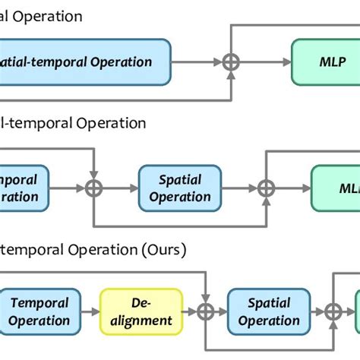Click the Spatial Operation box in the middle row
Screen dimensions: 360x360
point(180,188)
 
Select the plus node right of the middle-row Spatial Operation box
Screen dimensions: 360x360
point(267,188)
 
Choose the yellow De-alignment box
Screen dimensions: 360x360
point(141,311)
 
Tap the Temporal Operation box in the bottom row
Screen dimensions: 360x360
point(40,311)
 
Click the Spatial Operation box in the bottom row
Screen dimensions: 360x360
point(269,311)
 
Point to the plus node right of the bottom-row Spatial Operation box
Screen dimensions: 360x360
point(331,311)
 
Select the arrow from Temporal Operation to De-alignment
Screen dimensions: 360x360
point(90,311)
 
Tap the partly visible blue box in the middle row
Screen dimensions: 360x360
point(23,188)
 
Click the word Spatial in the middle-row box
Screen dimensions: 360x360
point(180,180)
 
